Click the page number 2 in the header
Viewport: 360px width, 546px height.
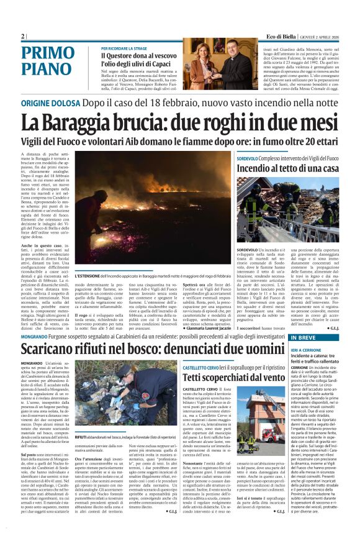(x=22, y=36)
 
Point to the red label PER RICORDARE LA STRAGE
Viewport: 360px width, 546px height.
(x=124, y=47)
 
